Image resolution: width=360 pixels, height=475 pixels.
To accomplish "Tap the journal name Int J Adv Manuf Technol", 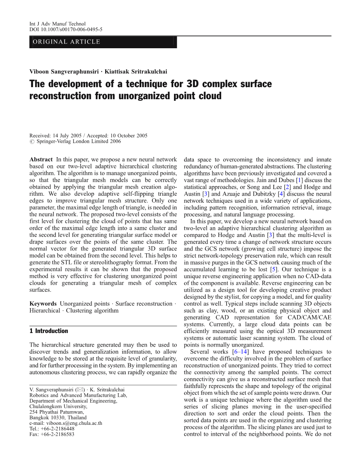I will [x=57, y=24].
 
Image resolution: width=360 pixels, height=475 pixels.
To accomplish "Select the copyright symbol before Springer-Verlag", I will [x=32, y=142].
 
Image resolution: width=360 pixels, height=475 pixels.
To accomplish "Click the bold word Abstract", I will [x=41, y=160].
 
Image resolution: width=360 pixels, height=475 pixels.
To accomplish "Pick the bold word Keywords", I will [x=43, y=304].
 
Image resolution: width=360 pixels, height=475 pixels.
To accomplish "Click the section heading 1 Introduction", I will [x=49, y=331].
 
